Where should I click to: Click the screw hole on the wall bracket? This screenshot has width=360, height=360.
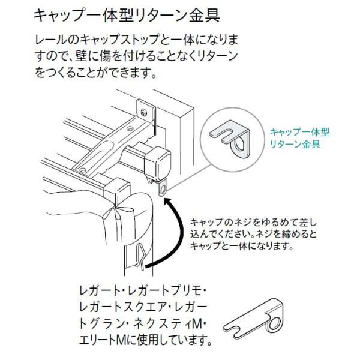[144, 111]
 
